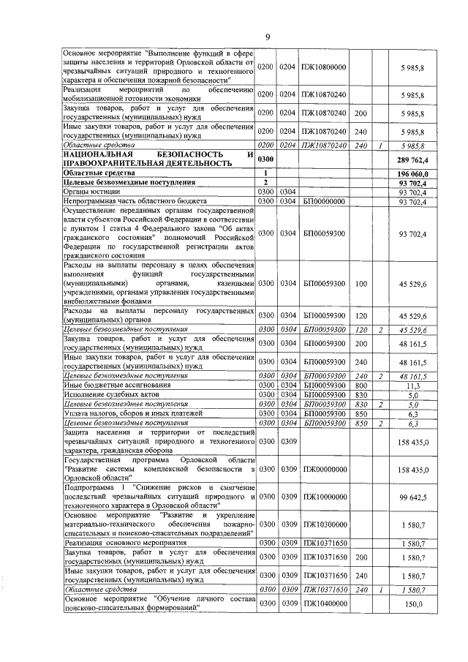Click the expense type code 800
[x=360, y=384]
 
